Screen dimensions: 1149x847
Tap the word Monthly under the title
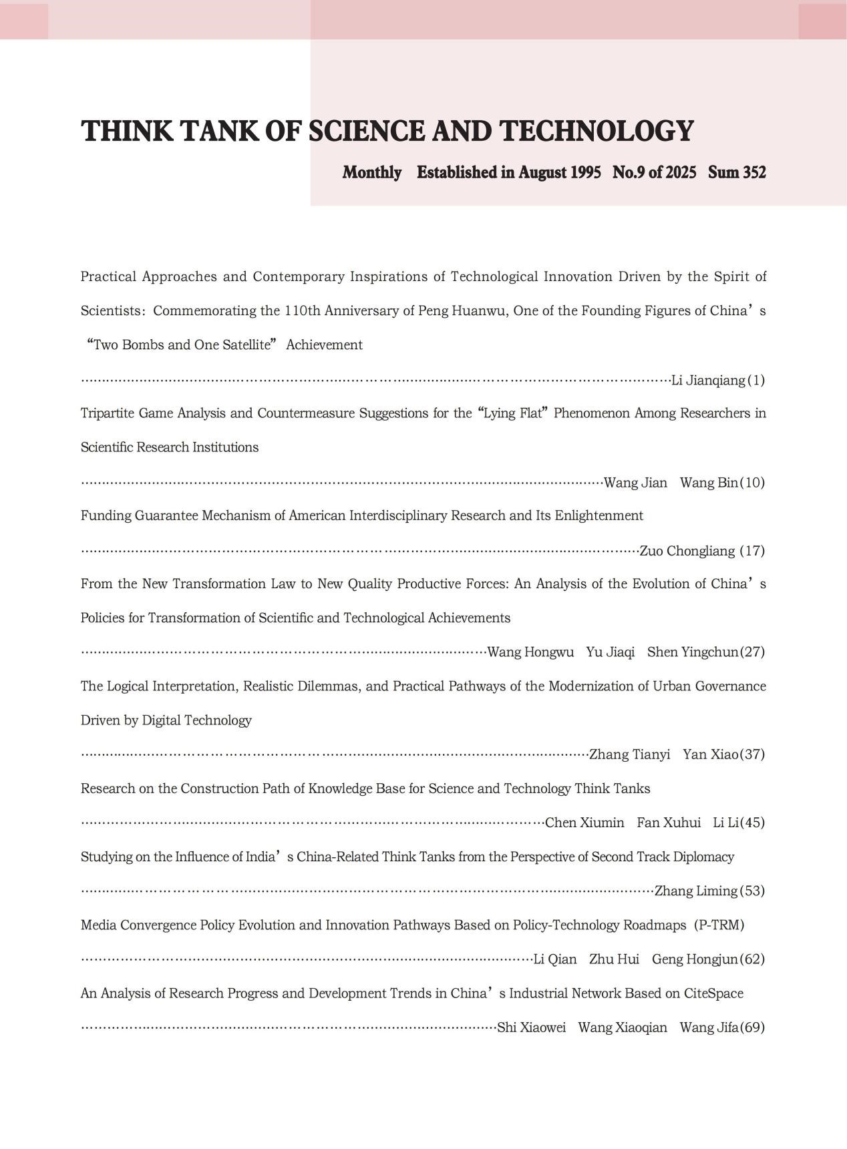point(372,173)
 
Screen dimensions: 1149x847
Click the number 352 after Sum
point(753,173)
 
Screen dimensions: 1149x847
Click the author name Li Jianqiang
point(708,381)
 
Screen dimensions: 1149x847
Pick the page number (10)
point(753,483)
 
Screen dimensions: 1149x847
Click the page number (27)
point(753,652)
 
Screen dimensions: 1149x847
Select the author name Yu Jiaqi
point(611,652)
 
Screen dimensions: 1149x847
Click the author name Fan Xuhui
point(669,823)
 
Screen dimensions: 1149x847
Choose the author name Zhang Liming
point(695,891)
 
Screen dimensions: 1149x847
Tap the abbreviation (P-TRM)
point(719,925)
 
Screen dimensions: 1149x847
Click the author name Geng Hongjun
point(695,959)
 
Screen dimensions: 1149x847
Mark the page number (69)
point(753,1027)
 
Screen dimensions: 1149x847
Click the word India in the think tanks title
point(261,857)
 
